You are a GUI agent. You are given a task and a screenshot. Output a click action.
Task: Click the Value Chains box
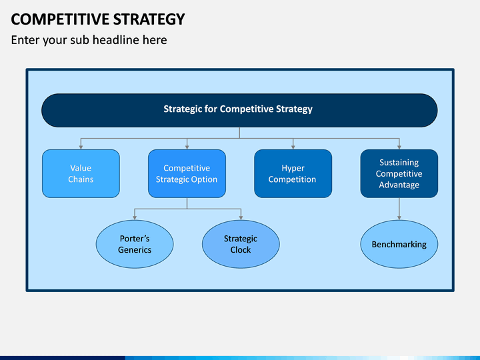click(81, 173)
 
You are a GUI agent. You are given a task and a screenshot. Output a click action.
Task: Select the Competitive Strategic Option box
click(187, 173)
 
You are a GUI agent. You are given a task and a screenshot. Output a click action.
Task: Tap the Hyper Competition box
click(293, 173)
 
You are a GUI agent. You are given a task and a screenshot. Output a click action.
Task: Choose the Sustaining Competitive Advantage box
click(399, 173)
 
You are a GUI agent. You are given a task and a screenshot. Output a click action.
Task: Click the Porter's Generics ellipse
click(135, 244)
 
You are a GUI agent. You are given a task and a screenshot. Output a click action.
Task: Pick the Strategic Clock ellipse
click(241, 244)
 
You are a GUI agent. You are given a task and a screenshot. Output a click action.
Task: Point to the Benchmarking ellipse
click(399, 244)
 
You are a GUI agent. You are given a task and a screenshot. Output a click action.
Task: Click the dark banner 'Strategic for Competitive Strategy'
click(239, 110)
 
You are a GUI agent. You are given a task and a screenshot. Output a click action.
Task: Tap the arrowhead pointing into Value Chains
click(81, 147)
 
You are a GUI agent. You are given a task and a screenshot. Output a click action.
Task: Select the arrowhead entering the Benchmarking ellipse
click(399, 217)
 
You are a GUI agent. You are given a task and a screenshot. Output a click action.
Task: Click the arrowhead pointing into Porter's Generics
click(135, 217)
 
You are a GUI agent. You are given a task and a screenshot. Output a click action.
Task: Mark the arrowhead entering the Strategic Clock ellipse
click(241, 217)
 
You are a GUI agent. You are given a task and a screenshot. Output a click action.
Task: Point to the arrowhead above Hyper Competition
click(293, 147)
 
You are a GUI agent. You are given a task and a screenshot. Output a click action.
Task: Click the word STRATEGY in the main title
click(149, 19)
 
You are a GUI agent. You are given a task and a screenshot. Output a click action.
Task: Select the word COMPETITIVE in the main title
click(60, 19)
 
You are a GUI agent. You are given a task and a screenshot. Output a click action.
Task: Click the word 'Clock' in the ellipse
click(241, 250)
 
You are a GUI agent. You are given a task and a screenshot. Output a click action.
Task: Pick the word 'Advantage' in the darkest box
click(399, 185)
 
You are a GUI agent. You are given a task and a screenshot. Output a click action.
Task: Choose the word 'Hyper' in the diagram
click(293, 169)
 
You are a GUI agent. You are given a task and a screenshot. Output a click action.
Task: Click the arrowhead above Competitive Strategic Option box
click(187, 147)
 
